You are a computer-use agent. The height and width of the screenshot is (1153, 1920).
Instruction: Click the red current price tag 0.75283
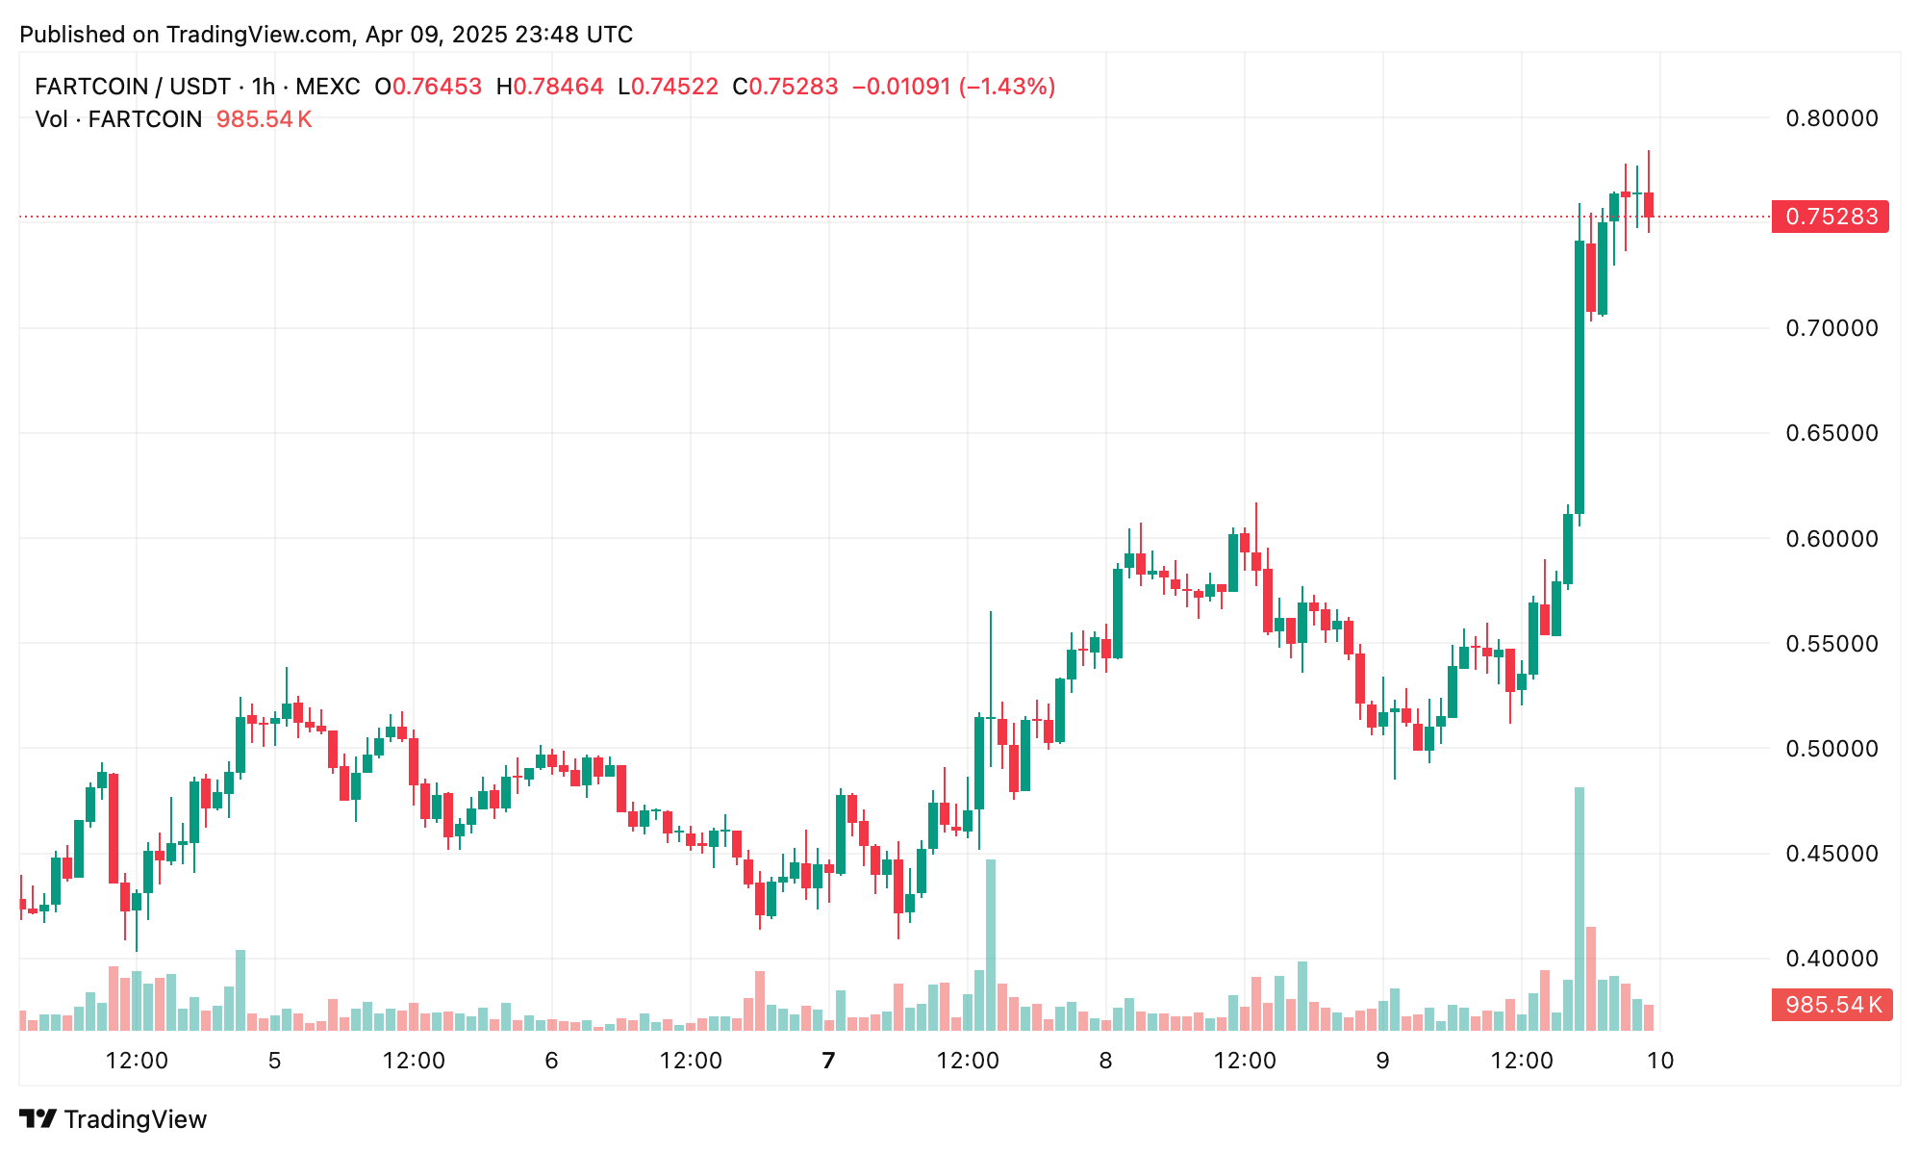click(x=1830, y=217)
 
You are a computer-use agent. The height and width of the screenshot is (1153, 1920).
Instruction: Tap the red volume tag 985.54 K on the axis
click(x=1832, y=1006)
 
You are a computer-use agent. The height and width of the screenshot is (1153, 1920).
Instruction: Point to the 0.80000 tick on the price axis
click(x=1832, y=118)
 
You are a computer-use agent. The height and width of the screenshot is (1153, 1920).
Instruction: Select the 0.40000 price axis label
click(x=1832, y=959)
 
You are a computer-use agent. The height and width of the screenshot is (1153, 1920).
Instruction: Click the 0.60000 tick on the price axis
click(x=1832, y=539)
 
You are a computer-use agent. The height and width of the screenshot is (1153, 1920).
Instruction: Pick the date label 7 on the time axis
click(x=828, y=1061)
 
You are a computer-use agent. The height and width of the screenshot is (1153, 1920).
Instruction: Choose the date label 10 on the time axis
click(x=1660, y=1061)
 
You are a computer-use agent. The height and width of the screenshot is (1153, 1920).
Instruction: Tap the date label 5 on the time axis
click(x=274, y=1061)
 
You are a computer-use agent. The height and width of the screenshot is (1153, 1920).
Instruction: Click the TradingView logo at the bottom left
click(x=114, y=1119)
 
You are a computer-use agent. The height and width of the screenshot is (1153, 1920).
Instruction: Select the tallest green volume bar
click(x=1579, y=909)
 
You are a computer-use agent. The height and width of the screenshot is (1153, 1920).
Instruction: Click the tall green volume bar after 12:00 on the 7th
click(x=991, y=944)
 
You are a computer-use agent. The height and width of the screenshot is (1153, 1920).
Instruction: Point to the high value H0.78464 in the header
click(x=549, y=87)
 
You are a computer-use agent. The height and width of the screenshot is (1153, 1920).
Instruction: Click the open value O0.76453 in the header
click(x=428, y=87)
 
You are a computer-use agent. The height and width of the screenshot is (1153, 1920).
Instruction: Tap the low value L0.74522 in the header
click(x=668, y=87)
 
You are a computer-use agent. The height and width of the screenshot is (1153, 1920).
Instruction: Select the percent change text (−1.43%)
click(x=1006, y=87)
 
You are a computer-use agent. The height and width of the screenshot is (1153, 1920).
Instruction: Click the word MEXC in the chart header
click(x=327, y=87)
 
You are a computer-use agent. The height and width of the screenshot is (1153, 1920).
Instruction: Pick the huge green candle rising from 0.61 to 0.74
click(x=1579, y=377)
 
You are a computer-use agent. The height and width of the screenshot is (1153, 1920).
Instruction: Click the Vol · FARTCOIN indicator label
click(x=118, y=119)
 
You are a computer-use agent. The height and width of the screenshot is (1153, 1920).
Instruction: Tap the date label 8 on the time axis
click(x=1105, y=1061)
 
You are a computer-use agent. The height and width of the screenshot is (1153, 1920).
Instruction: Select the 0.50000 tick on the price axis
click(x=1832, y=749)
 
